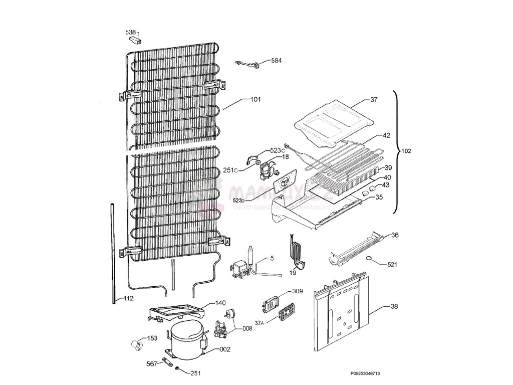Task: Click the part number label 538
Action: [130, 33]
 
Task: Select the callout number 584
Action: [276, 60]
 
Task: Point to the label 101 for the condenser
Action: [255, 99]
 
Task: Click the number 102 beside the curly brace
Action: [406, 151]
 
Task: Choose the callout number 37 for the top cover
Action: [374, 100]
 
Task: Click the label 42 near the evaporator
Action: [386, 135]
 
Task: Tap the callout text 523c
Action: [277, 150]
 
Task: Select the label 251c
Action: [230, 170]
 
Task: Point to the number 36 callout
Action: [395, 235]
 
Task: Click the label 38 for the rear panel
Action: [394, 306]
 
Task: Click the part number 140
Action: [220, 303]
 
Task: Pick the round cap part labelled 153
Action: [135, 344]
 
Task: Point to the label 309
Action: [298, 291]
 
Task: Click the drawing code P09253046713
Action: [368, 373]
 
